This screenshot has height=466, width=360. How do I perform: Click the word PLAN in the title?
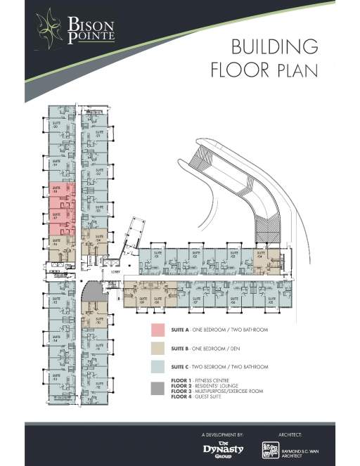tap(297, 70)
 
